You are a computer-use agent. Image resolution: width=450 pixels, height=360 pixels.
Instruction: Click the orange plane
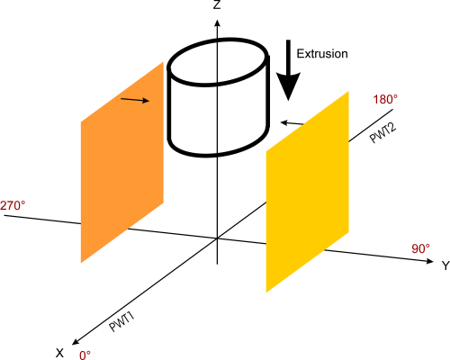(122, 162)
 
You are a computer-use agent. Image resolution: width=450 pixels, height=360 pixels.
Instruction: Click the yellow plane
(308, 192)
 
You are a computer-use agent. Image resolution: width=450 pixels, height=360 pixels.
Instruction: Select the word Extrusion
(322, 54)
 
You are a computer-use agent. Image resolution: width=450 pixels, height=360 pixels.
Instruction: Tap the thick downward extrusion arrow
(288, 70)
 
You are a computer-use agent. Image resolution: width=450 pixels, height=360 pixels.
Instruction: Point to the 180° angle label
(385, 99)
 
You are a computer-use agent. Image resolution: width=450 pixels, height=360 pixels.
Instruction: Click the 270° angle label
(13, 206)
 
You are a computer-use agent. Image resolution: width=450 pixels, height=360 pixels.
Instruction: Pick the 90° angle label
(420, 248)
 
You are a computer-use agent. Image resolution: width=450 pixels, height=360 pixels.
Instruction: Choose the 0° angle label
(85, 355)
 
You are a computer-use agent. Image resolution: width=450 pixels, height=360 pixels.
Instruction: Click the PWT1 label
(121, 322)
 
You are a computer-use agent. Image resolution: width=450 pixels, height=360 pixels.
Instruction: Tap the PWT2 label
(382, 132)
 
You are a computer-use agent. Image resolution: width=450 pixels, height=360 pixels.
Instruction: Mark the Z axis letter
(217, 4)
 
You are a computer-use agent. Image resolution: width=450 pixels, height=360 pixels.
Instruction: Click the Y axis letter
(445, 265)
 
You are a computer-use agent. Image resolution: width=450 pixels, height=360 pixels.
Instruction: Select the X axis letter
(60, 353)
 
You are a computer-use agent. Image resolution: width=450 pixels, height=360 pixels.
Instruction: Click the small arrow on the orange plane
(135, 100)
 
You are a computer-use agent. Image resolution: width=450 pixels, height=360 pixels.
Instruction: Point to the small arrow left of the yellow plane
(292, 123)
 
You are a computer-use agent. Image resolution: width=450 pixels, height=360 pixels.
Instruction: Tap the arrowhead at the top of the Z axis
(218, 22)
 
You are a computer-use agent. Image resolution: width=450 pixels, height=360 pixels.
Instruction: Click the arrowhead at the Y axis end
(429, 261)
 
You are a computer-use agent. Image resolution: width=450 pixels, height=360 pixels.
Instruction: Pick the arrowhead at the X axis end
(75, 342)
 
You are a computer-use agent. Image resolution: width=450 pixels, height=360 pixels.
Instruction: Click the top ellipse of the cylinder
(218, 62)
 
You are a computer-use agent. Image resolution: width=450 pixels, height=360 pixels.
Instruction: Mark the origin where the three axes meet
(217, 238)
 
